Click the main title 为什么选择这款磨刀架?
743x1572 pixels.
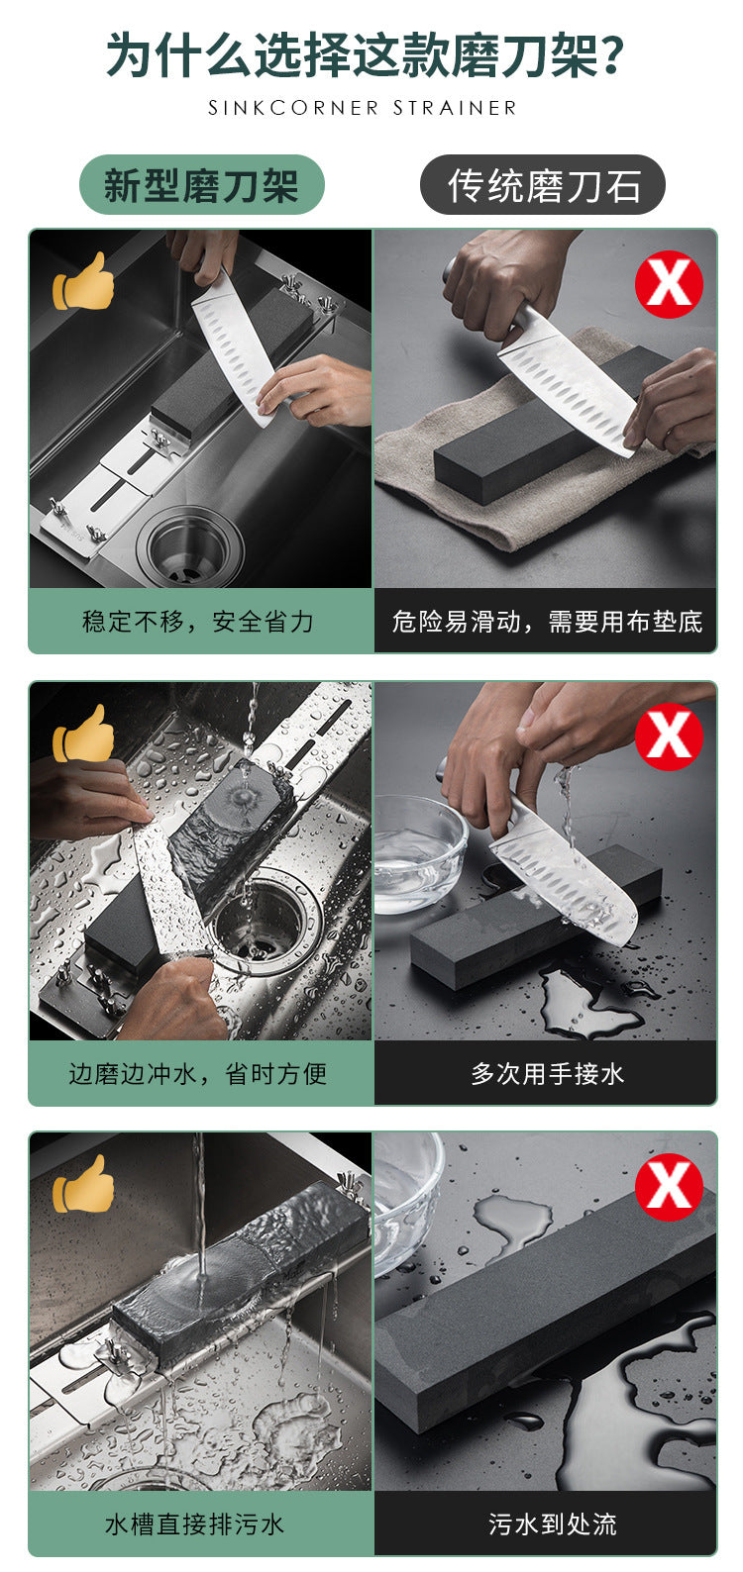[366, 54]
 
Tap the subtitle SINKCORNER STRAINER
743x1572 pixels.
[363, 108]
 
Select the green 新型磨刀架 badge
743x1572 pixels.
[202, 185]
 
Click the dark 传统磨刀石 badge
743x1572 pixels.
[543, 185]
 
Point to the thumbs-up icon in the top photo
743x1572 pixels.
[83, 281]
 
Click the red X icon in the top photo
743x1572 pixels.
[669, 284]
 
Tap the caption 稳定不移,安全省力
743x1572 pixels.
[198, 622]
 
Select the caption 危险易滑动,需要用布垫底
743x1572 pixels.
[547, 622]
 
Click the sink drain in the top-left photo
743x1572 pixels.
[190, 547]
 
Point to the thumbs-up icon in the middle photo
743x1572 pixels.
[83, 734]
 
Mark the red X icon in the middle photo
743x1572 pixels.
[669, 737]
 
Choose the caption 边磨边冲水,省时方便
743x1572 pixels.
[198, 1074]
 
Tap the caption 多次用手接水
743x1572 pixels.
[547, 1074]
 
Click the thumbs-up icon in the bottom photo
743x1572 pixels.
[83, 1184]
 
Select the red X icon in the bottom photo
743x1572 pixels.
[669, 1187]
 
